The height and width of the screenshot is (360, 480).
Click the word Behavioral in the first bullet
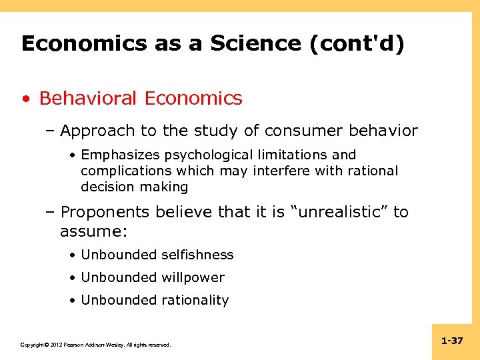click(89, 98)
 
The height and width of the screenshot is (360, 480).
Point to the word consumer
click(303, 131)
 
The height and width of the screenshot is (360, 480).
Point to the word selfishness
click(198, 255)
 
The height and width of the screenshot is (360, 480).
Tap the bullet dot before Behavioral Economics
click(25, 99)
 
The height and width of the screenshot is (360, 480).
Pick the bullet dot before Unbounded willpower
click(71, 278)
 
